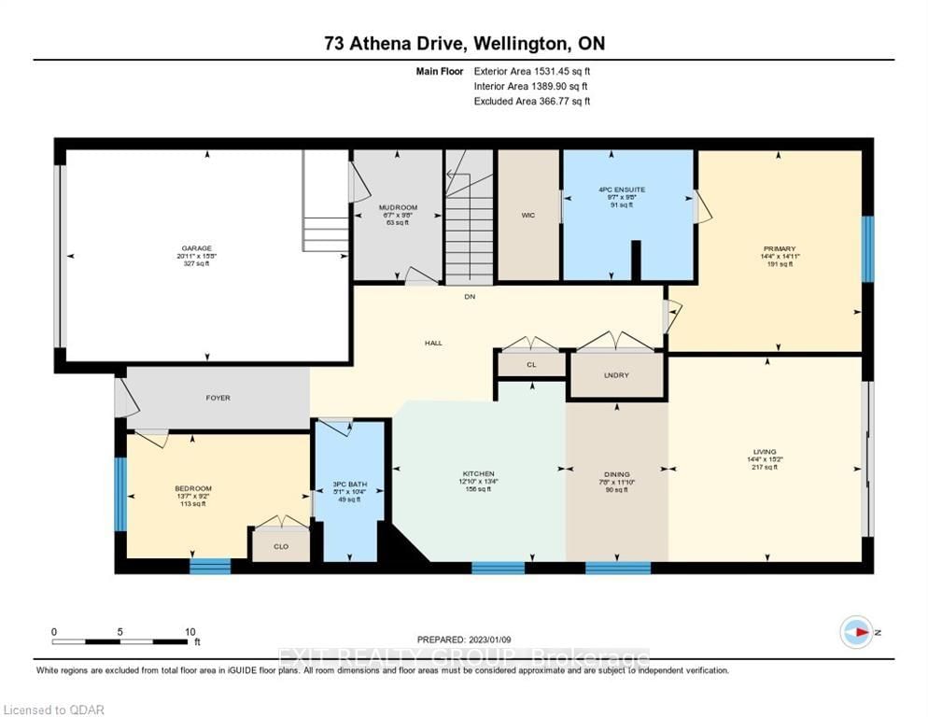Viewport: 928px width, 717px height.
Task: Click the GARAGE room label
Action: (x=197, y=248)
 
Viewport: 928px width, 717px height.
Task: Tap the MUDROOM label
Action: (x=398, y=207)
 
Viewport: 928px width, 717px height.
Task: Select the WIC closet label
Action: (x=527, y=214)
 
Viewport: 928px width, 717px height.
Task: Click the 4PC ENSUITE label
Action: (x=622, y=190)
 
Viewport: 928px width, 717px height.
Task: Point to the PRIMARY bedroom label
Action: (x=778, y=248)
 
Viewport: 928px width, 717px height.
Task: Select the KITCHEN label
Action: (x=479, y=473)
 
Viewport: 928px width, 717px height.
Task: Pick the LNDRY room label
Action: (x=615, y=375)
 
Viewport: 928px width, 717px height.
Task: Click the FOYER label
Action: (x=218, y=398)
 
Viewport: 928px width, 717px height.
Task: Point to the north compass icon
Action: (x=856, y=632)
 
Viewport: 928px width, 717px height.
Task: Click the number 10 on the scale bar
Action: (x=190, y=631)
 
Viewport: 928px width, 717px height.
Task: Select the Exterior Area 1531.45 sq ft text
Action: (x=532, y=70)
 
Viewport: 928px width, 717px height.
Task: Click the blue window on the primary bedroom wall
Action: (x=867, y=248)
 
